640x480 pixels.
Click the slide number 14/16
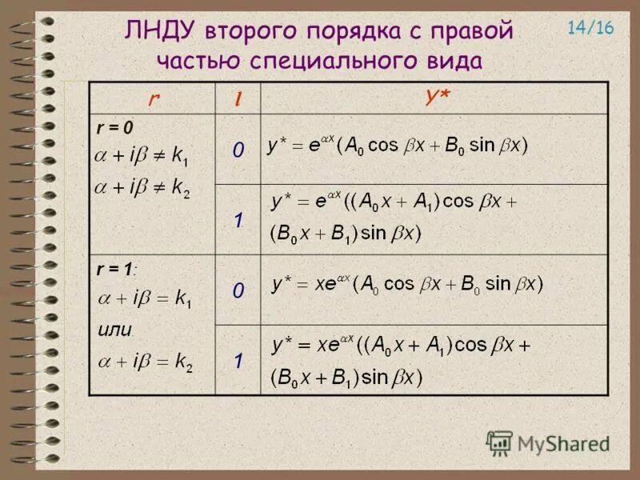(x=590, y=28)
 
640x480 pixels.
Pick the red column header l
(x=238, y=98)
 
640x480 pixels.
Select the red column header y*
(x=437, y=97)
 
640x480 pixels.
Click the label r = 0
(x=115, y=128)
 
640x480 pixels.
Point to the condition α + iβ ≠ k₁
(x=144, y=157)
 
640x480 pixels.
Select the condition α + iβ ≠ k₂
(x=144, y=190)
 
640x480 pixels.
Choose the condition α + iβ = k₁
(x=144, y=301)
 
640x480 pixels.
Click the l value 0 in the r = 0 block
(x=238, y=150)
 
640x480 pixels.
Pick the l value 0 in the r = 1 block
(x=238, y=290)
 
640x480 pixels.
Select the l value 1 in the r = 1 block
(x=238, y=361)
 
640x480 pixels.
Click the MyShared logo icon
(x=499, y=442)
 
